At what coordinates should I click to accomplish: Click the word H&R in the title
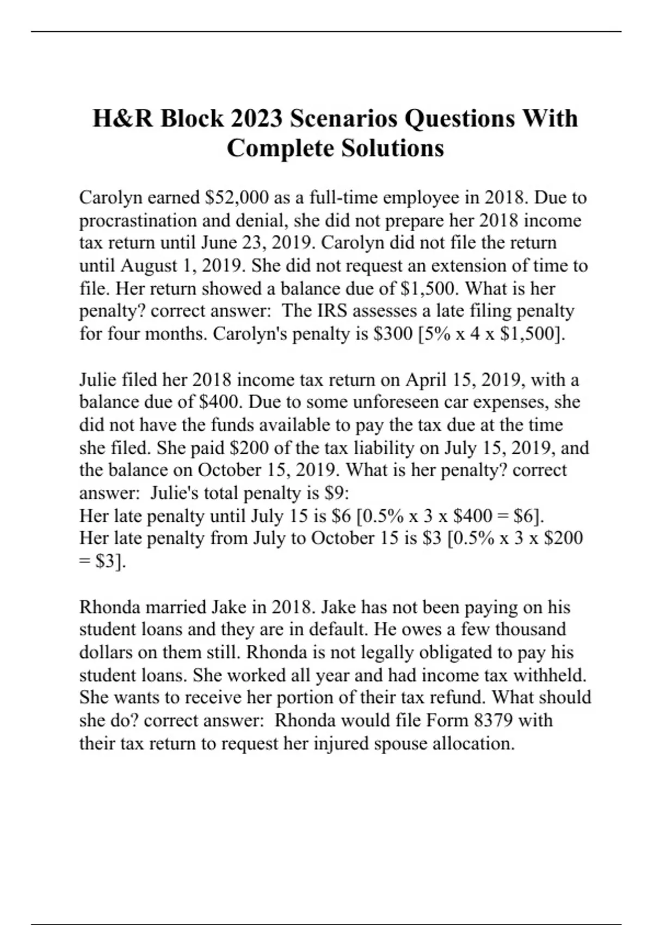click(123, 119)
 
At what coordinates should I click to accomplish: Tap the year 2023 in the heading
click(255, 119)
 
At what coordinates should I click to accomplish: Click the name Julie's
click(175, 493)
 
